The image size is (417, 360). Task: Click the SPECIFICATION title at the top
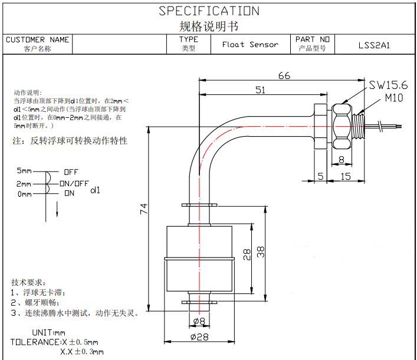209,11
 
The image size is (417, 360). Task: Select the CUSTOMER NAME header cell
37,40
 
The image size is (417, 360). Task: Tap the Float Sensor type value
250,45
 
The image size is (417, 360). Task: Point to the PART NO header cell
312,40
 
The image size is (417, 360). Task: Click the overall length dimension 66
284,75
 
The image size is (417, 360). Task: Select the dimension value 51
260,90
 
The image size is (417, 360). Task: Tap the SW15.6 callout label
389,85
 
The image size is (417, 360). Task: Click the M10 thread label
394,98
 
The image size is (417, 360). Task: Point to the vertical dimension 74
144,209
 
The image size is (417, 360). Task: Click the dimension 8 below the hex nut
341,158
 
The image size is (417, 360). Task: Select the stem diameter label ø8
200,322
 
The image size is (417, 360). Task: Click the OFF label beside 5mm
71,172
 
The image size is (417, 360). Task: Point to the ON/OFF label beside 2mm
74,183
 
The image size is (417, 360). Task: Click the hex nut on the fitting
341,125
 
